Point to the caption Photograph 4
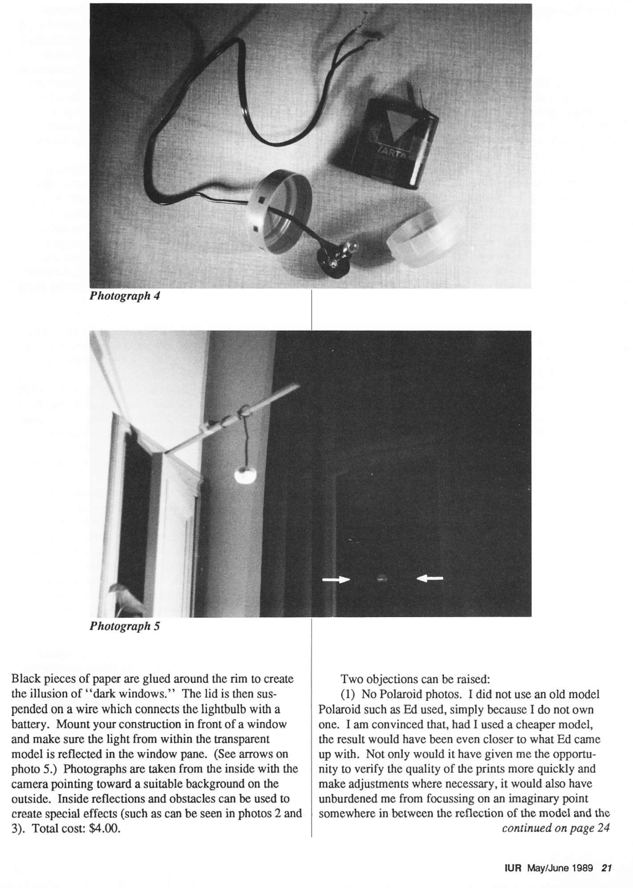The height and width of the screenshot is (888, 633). pos(125,296)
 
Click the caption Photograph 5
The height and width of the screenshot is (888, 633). pos(125,627)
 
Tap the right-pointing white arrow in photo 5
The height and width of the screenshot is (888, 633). pos(336,579)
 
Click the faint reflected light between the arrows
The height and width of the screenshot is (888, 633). pos(381,578)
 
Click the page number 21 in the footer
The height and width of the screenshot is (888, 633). pos(606,869)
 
